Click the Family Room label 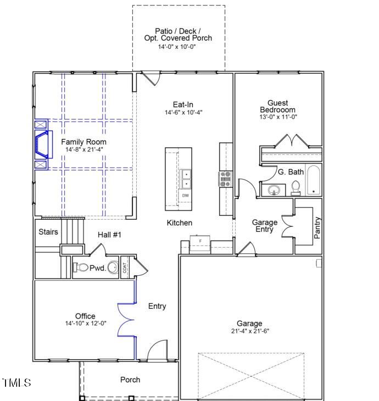(83, 142)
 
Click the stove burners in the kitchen (226, 180)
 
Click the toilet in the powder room (81, 268)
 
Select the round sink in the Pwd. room (113, 268)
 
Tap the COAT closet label (125, 268)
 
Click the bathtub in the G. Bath (314, 180)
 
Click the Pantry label (317, 228)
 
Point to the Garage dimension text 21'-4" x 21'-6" (249, 331)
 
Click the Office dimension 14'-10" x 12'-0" (85, 324)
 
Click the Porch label (130, 380)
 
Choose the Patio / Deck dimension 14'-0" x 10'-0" (178, 47)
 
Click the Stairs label (48, 232)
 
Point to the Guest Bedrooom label (277, 106)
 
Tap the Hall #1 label (109, 235)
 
